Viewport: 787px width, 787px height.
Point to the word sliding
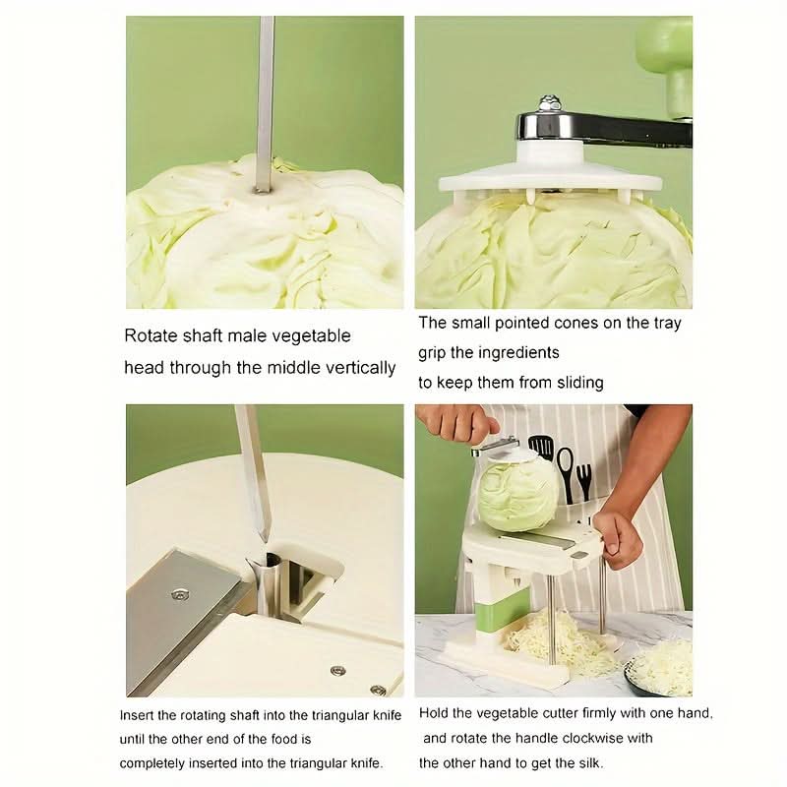(x=578, y=383)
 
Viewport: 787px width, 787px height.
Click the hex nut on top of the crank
(x=549, y=103)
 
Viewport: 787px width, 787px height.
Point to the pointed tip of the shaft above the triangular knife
(x=264, y=541)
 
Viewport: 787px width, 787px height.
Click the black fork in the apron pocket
(x=584, y=482)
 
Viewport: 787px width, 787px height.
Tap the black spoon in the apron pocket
(x=565, y=473)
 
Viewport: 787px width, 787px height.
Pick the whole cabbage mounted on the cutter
(x=518, y=495)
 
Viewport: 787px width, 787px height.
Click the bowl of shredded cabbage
(x=658, y=669)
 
